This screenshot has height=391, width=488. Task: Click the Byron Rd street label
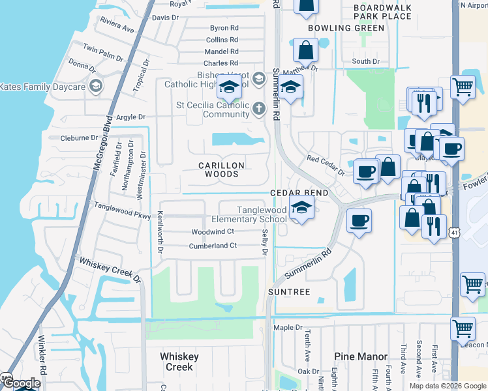pyautogui.click(x=224, y=28)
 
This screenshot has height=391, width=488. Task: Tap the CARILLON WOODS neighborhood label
pyautogui.click(x=221, y=170)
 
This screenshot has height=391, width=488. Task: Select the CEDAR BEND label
pyautogui.click(x=299, y=194)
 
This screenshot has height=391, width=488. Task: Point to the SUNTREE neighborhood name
pyautogui.click(x=289, y=292)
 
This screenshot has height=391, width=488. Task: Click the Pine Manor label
pyautogui.click(x=360, y=356)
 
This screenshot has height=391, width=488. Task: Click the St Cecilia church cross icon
pyautogui.click(x=259, y=109)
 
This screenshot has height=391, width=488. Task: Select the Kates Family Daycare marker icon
pyautogui.click(x=96, y=86)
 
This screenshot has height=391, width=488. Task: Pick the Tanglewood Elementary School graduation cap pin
pyautogui.click(x=301, y=209)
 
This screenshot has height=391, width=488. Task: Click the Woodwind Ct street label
pyautogui.click(x=212, y=232)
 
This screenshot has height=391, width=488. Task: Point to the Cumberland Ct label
pyautogui.click(x=212, y=246)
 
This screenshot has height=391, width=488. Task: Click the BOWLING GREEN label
pyautogui.click(x=346, y=28)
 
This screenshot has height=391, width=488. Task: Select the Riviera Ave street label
pyautogui.click(x=117, y=25)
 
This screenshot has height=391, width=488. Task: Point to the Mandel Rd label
pyautogui.click(x=221, y=51)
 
